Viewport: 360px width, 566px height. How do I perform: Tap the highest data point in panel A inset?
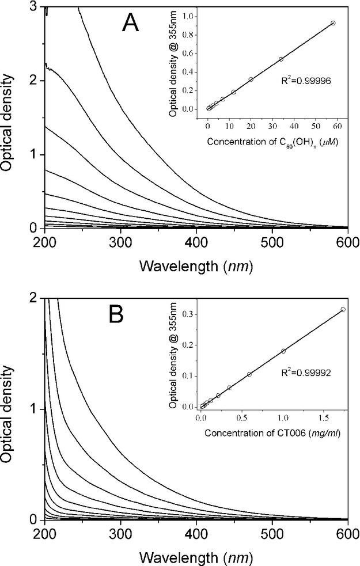point(333,23)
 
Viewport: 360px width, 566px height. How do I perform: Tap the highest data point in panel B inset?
point(343,309)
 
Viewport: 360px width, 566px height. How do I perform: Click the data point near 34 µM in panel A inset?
point(281,59)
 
